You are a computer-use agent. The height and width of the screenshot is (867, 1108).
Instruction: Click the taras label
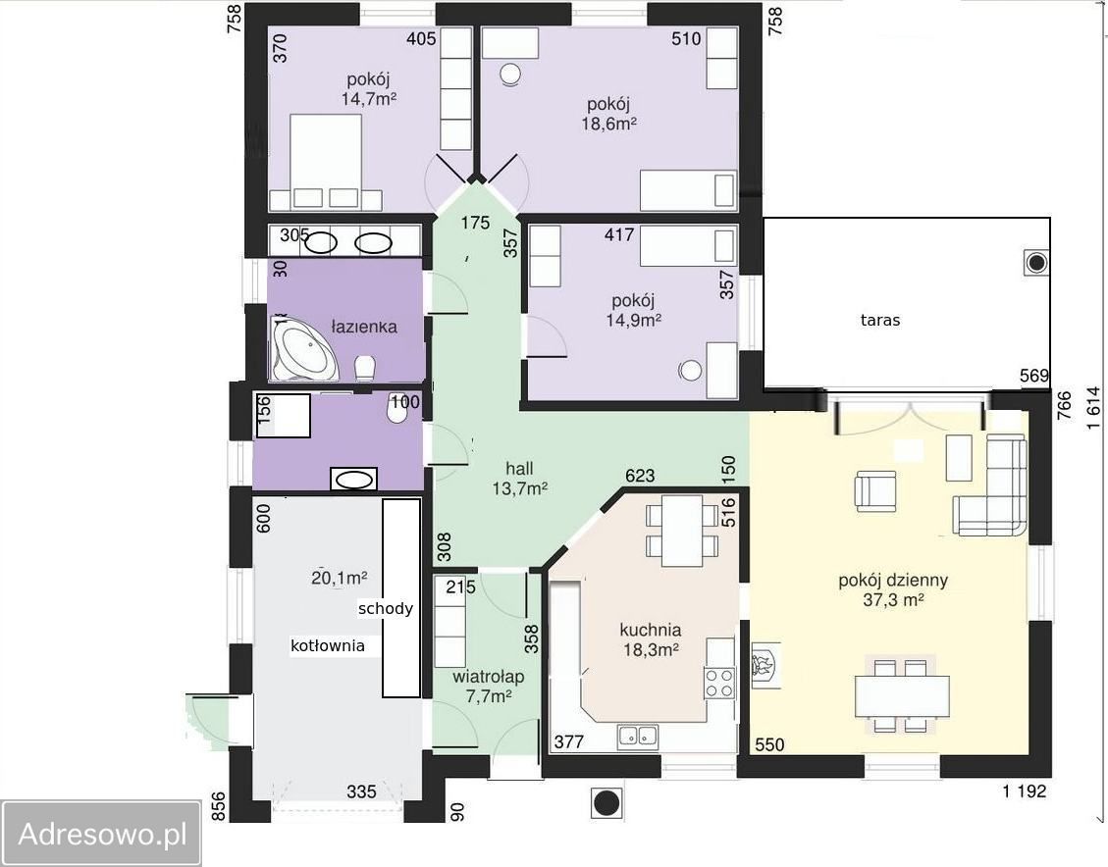point(879,320)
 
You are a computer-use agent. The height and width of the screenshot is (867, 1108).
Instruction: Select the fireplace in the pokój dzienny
point(765,664)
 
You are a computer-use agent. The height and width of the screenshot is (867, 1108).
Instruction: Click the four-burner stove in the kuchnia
point(718,682)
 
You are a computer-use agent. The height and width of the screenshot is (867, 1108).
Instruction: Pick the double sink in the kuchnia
point(637,737)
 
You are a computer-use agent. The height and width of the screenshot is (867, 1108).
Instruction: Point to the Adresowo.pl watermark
point(102,834)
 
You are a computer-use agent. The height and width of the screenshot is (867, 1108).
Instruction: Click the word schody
point(385,609)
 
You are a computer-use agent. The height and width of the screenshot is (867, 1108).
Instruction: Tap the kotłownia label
point(328,645)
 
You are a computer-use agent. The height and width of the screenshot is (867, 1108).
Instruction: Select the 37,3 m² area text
point(893,600)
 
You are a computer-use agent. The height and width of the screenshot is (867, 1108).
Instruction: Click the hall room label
point(519,468)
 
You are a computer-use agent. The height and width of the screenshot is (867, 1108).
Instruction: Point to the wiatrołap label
point(489,677)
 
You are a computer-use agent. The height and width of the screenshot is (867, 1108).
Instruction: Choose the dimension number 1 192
point(1024,790)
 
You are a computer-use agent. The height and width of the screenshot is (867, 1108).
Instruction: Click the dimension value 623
point(640,476)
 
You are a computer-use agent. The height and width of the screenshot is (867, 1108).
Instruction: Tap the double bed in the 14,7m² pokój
point(327,163)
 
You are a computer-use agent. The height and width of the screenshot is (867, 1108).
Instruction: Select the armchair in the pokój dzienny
point(875,490)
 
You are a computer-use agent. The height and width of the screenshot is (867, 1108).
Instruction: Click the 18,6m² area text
point(609,125)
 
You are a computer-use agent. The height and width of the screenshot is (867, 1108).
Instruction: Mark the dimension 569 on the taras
point(1033,376)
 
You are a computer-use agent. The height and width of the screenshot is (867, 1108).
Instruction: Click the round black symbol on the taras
point(1036,264)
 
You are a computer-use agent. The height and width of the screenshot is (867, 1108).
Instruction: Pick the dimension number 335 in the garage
point(361,791)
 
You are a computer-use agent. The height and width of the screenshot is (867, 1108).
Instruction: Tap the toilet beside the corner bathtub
point(365,368)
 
